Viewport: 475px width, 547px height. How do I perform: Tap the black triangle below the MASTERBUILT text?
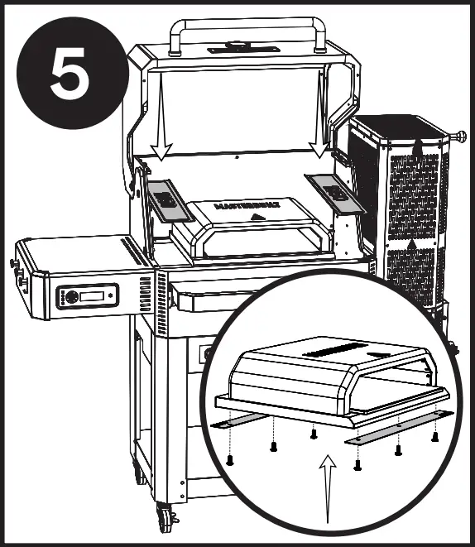tap(258, 217)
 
